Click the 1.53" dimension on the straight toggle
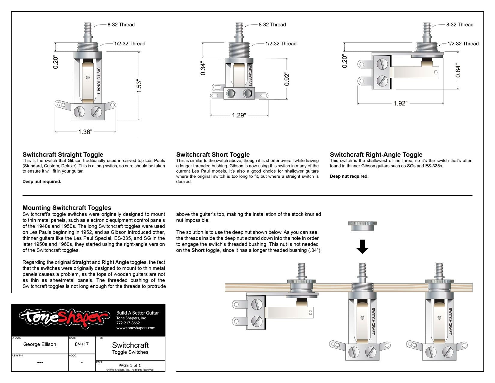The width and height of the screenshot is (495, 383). coord(139,86)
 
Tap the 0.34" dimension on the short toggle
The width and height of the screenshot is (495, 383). coord(203,69)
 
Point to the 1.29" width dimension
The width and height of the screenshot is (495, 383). coord(239,116)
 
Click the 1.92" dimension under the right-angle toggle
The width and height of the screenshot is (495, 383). coord(400,104)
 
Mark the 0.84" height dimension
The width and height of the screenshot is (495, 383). coord(458,70)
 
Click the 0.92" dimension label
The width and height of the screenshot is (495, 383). coord(287,79)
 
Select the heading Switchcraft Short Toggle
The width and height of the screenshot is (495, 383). coord(213,155)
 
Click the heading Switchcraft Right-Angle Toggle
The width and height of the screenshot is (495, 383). coord(376,155)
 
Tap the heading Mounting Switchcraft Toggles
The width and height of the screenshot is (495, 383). coord(67,208)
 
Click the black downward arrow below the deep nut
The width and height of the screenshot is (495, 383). coord(362,246)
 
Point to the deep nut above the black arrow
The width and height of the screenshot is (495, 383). coord(362,226)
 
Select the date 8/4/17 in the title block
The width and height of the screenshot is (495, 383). coord(82,344)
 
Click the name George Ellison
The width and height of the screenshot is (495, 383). coord(40,344)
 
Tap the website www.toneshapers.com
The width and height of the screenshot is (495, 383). coord(136,328)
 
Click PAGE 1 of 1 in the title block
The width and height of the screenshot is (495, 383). coord(130,365)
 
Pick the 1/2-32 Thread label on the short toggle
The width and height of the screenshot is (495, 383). coord(280,44)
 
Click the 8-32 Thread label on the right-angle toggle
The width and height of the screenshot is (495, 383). coord(460,25)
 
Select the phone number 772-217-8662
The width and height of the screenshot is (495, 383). coord(128,323)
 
